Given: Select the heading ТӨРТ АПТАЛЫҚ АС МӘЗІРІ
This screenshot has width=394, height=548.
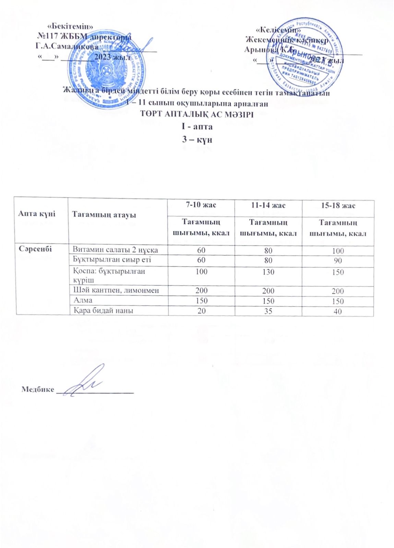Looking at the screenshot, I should pyautogui.click(x=197, y=114).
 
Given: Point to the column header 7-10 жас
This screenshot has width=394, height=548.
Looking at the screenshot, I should pyautogui.click(x=201, y=205).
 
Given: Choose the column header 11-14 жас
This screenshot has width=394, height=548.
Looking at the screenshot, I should pyautogui.click(x=268, y=206).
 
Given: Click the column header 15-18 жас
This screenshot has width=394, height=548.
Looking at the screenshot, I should pyautogui.click(x=338, y=206).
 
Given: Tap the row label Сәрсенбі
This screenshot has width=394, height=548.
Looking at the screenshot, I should pyautogui.click(x=35, y=249).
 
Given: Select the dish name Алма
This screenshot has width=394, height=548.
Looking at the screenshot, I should pyautogui.click(x=83, y=300).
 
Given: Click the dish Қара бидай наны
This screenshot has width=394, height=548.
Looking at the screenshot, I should pyautogui.click(x=103, y=311).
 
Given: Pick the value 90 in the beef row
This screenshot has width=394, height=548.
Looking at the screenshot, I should pyautogui.click(x=338, y=261).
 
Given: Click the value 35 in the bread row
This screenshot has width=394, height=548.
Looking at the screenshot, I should pyautogui.click(x=268, y=311).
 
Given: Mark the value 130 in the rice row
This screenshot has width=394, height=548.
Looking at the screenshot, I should pyautogui.click(x=268, y=272).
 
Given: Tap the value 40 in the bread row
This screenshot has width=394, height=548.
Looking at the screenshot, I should pyautogui.click(x=338, y=311).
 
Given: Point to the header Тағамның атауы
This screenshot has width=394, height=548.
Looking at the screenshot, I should pyautogui.click(x=104, y=215).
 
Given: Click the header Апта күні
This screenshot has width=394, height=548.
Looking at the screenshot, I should pyautogui.click(x=37, y=214).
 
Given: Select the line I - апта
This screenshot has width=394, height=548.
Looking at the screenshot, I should pyautogui.click(x=197, y=127).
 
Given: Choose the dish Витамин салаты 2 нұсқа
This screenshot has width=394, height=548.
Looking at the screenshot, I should pyautogui.click(x=116, y=250).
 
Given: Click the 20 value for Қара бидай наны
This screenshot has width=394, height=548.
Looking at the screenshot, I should pyautogui.click(x=201, y=311).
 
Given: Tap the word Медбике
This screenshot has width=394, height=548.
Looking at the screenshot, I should pyautogui.click(x=38, y=389).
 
